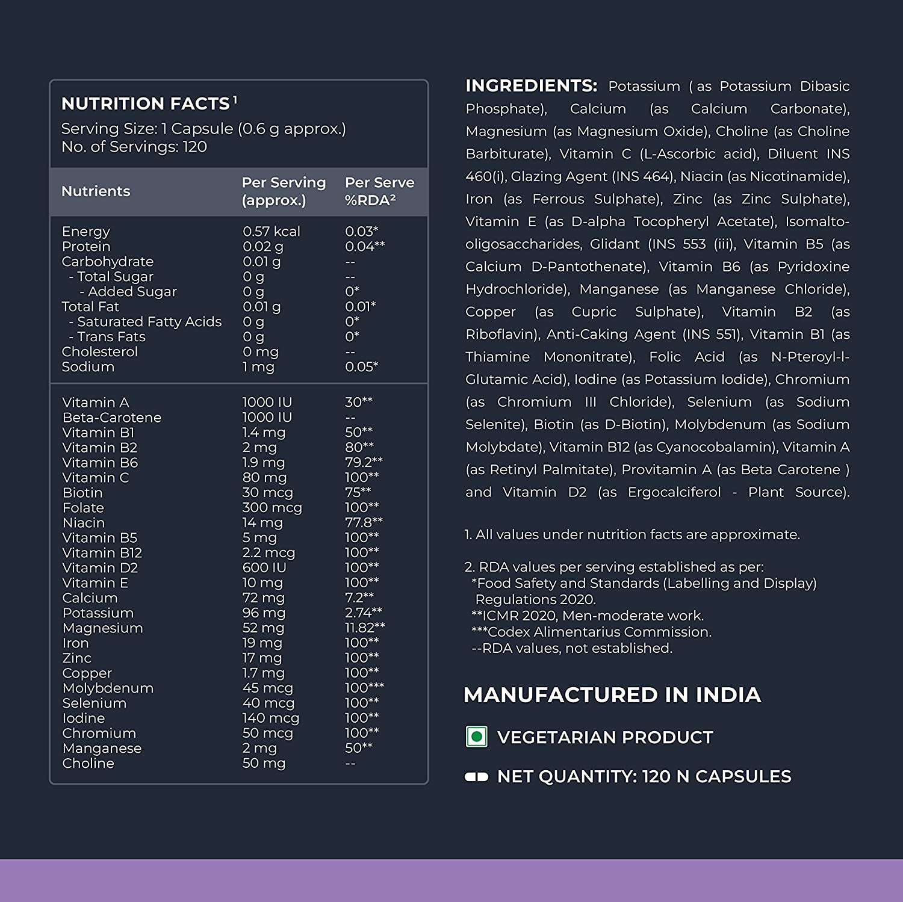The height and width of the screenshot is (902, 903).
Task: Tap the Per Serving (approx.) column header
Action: pos(284,191)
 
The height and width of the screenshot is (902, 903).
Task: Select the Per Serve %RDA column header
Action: pos(379,191)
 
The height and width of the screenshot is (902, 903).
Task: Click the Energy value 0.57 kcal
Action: pos(271,231)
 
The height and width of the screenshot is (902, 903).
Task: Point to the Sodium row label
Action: pos(88,366)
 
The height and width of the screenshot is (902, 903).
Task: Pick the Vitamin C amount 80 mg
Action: pos(264,477)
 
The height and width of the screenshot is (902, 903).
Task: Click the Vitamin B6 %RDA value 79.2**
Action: pos(364,462)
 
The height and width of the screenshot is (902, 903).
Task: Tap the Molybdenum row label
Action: pos(108,688)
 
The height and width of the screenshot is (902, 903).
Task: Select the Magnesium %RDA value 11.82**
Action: pos(365,628)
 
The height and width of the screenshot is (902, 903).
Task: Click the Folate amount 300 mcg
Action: pos(272,507)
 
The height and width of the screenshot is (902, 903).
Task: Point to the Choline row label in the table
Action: pos(88,763)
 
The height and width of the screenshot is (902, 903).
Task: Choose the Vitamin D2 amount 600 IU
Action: pos(264,567)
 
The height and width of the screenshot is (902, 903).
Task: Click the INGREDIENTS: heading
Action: pos(531,86)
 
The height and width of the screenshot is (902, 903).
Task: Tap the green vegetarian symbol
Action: pos(477,737)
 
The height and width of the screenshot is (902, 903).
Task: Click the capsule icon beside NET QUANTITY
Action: pos(476,777)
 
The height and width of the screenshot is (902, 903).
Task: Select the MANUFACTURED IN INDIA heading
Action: pos(612,695)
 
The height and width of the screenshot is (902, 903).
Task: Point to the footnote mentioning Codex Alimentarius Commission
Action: pos(592,632)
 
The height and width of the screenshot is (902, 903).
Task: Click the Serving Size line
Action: pos(203,129)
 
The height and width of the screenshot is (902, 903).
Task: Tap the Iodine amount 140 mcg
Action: pos(270,718)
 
